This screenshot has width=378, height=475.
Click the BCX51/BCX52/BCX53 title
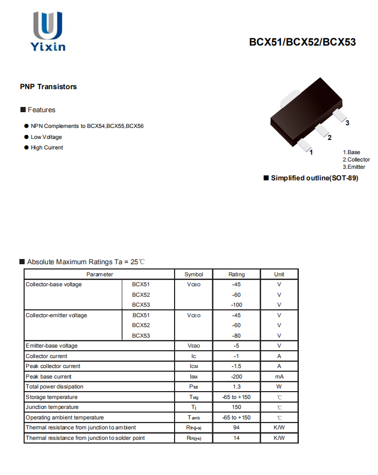click(303, 42)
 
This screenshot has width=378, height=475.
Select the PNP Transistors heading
click(48, 87)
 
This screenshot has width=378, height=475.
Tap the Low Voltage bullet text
click(46, 137)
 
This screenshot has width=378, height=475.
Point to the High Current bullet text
click(47, 147)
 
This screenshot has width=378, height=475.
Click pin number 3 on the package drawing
click(348, 123)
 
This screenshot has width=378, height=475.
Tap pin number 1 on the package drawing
click(311, 153)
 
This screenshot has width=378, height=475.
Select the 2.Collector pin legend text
click(356, 159)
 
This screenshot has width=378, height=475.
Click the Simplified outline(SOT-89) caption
click(314, 178)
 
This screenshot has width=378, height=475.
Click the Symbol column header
click(193, 274)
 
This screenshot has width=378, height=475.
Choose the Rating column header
click(236, 274)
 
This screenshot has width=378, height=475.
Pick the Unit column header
click(279, 274)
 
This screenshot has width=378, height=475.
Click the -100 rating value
click(236, 305)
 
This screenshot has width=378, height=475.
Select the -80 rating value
click(236, 336)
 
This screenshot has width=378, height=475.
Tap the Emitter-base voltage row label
click(51, 346)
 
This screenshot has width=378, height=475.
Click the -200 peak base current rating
click(236, 376)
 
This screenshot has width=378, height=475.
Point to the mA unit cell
click(279, 376)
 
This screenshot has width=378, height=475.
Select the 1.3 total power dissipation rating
click(236, 386)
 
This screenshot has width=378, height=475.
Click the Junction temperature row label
click(52, 407)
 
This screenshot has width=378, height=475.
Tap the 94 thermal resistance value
click(236, 427)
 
